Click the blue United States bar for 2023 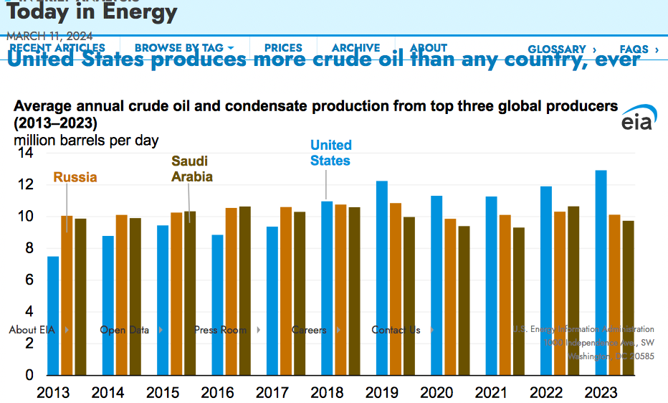click(601, 272)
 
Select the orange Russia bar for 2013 click(67, 295)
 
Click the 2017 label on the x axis click(272, 393)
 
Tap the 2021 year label click(491, 393)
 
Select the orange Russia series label click(75, 177)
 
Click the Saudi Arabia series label click(191, 169)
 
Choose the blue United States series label click(330, 153)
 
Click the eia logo click(637, 120)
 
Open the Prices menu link click(283, 48)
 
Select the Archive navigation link click(356, 48)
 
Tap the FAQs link click(639, 49)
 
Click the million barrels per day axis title click(87, 141)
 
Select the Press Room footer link click(220, 330)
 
